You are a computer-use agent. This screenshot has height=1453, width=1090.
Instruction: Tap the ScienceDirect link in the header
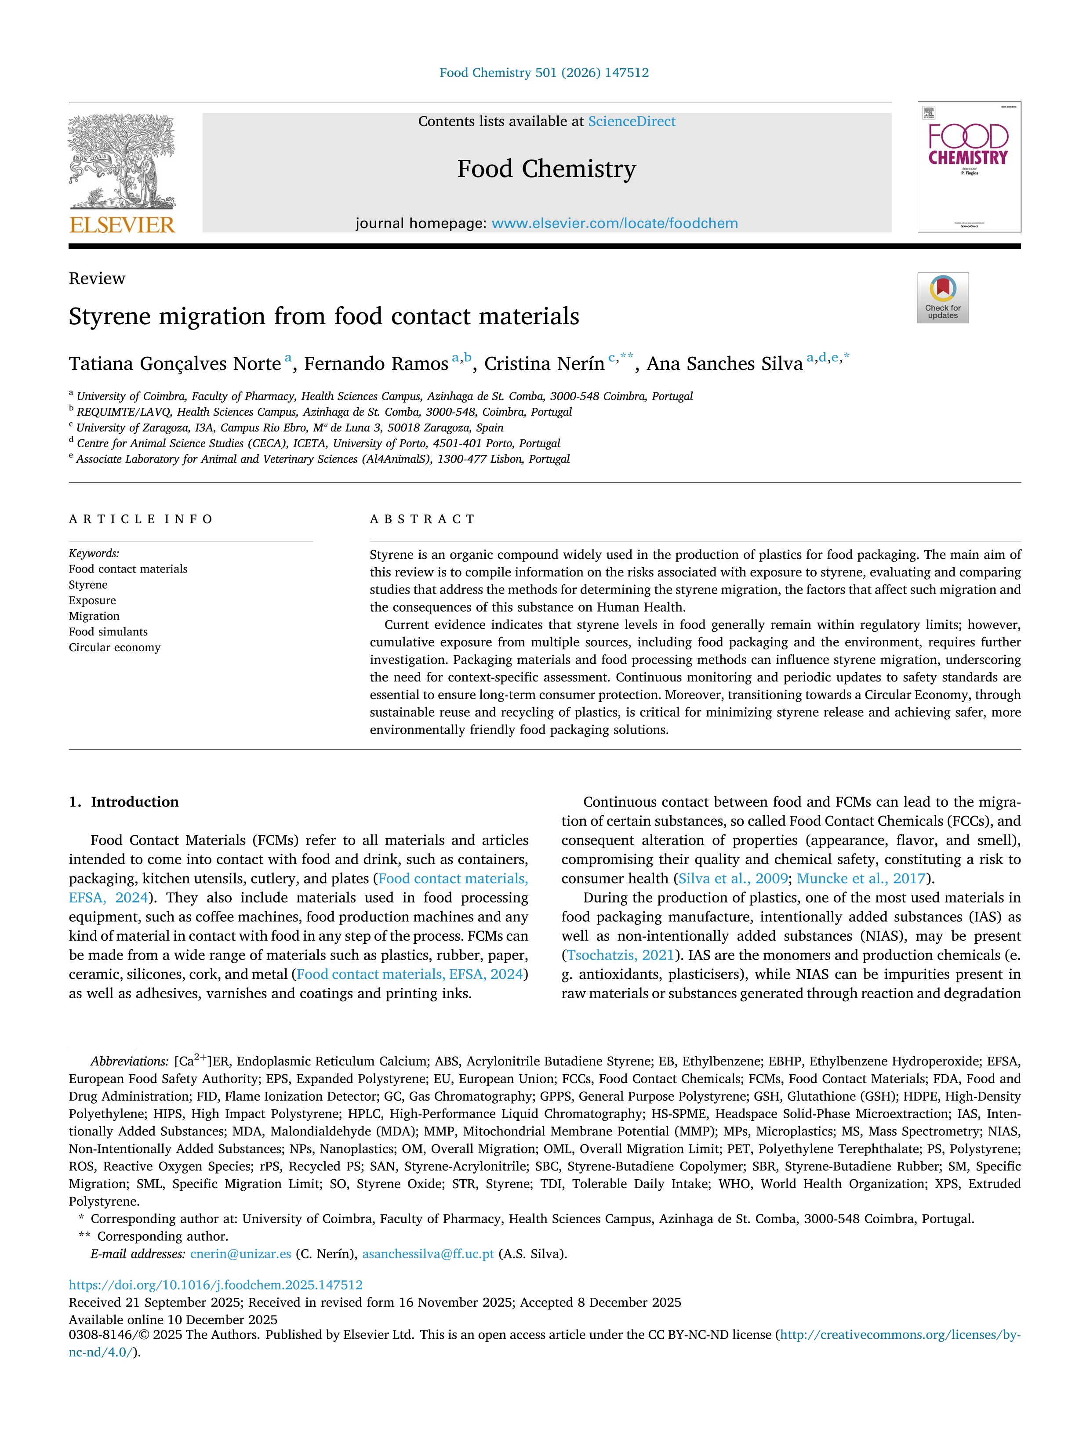[632, 122]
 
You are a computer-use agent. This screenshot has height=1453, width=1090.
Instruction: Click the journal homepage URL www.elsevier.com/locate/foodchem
[614, 223]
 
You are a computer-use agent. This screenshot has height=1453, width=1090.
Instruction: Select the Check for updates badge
[942, 297]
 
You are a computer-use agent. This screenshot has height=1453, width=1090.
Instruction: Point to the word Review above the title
[97, 279]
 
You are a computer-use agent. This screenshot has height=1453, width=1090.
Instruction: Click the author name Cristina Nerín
[544, 364]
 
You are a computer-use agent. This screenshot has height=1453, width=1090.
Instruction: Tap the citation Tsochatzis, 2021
[620, 955]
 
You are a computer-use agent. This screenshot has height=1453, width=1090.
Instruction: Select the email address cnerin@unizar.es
[240, 1254]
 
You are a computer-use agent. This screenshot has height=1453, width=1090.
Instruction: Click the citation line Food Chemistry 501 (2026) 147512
[544, 73]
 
